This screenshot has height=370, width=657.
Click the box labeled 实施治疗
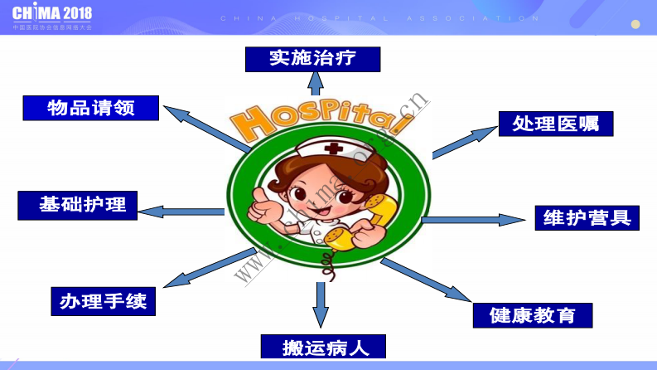coord(312,59)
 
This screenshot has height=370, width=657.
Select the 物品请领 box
coord(90,108)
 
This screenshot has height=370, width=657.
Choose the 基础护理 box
coord(78,205)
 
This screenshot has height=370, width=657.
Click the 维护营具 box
coord(587,217)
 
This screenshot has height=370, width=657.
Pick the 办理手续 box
coord(103,301)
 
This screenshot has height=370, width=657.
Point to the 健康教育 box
coord(534,315)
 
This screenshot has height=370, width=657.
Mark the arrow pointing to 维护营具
coord(473,220)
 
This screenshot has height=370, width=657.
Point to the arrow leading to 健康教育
coord(426,280)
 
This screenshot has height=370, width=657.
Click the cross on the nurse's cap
coord(334,149)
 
